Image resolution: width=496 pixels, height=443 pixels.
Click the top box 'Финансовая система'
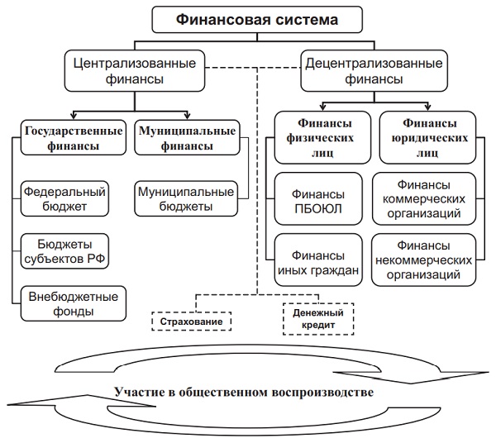pos(246,18)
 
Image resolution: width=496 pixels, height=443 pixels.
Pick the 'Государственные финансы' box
pos(74,137)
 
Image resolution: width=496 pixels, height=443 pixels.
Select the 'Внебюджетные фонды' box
pos(74,302)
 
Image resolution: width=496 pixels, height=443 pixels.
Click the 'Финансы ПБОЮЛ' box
pos(317,199)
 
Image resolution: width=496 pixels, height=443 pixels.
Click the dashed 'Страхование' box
pos(192,320)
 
